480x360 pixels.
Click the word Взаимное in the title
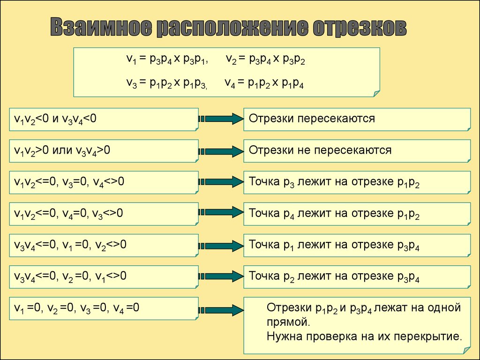(102, 27)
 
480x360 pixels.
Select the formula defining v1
(167, 59)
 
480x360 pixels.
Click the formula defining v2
(265, 59)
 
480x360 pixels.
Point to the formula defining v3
(167, 83)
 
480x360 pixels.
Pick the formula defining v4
(264, 83)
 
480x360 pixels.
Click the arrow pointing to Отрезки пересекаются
(221, 119)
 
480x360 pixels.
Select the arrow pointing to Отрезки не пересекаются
(221, 151)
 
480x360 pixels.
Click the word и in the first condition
(55, 119)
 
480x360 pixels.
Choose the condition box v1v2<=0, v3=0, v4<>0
(104, 182)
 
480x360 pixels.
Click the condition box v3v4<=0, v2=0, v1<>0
(104, 277)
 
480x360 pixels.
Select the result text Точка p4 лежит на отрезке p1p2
(334, 214)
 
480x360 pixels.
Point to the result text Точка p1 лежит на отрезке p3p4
(334, 245)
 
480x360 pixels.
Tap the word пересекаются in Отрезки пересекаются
(336, 119)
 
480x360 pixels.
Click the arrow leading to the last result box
(221, 310)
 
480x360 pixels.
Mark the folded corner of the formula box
(376, 93)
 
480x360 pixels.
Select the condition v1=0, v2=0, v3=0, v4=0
(76, 307)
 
